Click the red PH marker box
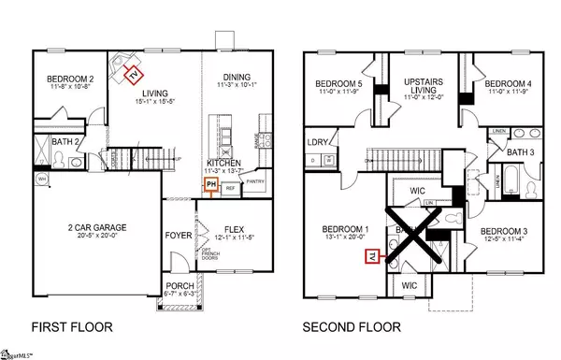(x=211, y=185)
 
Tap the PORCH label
(x=175, y=286)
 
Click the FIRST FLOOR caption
(x=69, y=328)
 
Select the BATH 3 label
(x=521, y=151)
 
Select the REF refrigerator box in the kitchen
(x=229, y=187)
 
